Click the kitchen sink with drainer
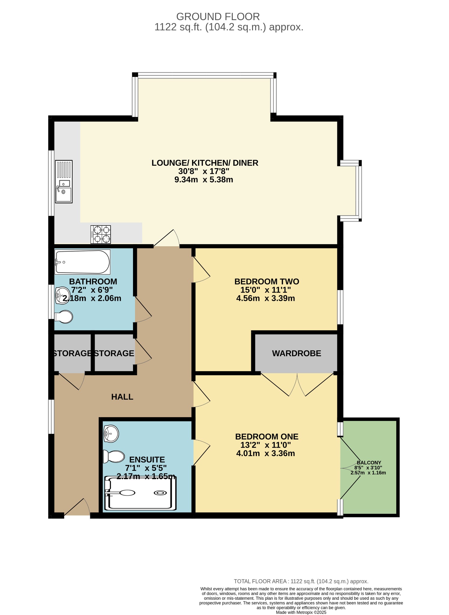(64, 181)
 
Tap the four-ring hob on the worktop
(101, 235)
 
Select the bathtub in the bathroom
(82, 262)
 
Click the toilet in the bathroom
(64, 317)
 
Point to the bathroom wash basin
(62, 295)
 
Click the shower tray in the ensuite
(140, 493)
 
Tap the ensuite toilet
(114, 456)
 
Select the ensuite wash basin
(111, 434)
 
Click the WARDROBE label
(296, 353)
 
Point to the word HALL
(122, 397)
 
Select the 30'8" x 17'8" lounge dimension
(204, 171)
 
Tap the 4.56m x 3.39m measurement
(265, 298)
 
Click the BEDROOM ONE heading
(267, 437)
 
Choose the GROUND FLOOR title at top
(218, 17)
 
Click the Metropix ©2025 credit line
(301, 612)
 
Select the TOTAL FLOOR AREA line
(301, 581)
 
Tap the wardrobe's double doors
(297, 385)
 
